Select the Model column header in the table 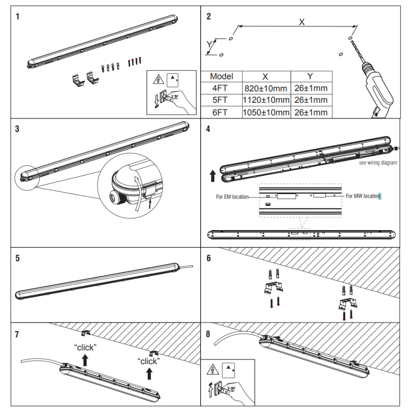[222, 76]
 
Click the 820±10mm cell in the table [266, 88]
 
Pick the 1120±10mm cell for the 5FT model [266, 100]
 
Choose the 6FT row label [222, 112]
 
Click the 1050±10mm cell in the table [266, 112]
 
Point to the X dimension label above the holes [302, 22]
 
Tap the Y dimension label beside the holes [209, 44]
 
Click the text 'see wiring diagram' [378, 163]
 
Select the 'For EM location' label [232, 197]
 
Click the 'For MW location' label [363, 196]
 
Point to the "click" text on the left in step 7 [85, 347]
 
